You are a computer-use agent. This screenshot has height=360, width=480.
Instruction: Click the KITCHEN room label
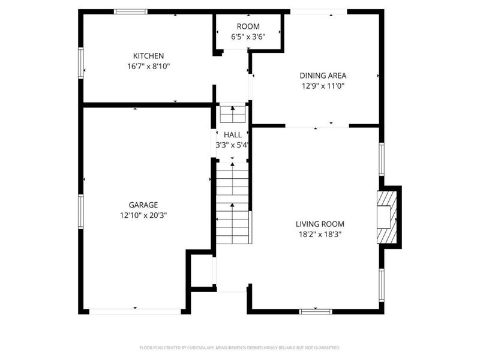pos(148,56)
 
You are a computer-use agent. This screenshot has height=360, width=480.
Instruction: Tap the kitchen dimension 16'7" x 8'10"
pos(148,67)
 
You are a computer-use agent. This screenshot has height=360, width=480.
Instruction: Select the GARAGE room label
pos(143,205)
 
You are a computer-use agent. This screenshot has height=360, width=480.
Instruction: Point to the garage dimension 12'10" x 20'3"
pos(143,215)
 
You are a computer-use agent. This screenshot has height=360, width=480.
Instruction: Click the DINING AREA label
pos(323,76)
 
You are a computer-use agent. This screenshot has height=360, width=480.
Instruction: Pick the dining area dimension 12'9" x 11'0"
pos(323,86)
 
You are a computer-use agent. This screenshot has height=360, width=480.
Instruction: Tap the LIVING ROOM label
pos(319,224)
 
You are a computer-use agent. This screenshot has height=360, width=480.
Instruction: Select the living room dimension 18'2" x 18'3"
pos(319,235)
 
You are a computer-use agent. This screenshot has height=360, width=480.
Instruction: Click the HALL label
pos(232,135)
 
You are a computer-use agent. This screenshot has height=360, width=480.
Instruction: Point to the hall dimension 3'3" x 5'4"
pos(232,145)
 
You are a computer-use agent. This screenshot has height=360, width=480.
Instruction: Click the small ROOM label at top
pos(248,26)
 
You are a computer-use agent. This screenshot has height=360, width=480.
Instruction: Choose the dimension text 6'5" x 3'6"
pos(248,37)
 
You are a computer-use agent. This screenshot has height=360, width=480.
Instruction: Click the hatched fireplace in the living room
pos(387,217)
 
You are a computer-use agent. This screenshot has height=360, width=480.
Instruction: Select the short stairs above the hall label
pos(232,114)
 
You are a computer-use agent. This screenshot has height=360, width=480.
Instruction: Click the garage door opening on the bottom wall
pos(135,311)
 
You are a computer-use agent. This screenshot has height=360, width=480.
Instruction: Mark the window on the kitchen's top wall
pos(131,11)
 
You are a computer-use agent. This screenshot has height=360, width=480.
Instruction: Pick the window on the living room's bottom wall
pos(316,311)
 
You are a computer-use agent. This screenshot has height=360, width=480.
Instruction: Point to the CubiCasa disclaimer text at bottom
pos(240,347)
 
